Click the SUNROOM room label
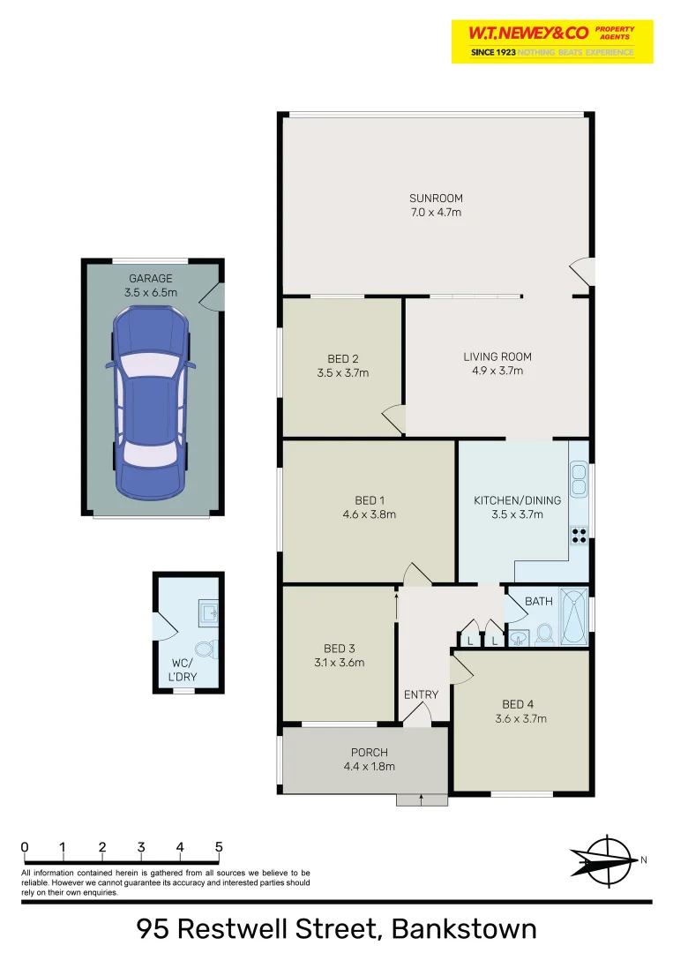436,199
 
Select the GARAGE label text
151,279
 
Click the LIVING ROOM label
497,357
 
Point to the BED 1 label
369,501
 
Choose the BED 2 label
342,359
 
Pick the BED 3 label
340,649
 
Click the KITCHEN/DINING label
515,501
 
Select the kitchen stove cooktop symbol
580,534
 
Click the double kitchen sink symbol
579,481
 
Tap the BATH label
539,602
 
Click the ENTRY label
421,695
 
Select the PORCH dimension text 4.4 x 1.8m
370,766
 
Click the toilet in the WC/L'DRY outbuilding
205,650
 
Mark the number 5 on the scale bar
219,848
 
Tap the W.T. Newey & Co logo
552,41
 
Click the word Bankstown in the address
464,929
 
